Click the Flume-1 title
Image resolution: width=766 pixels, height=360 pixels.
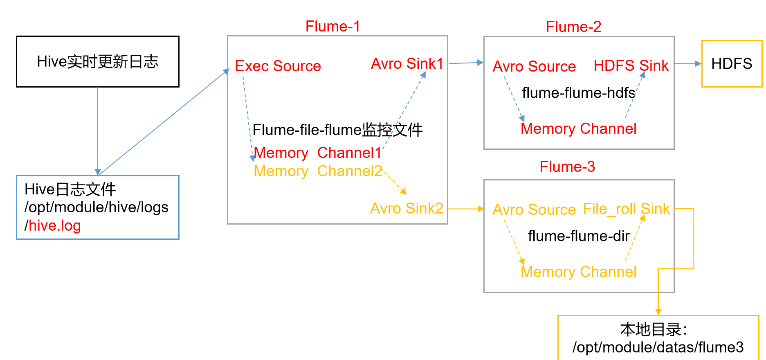[332, 27]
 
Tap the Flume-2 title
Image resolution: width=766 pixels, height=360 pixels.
[573, 27]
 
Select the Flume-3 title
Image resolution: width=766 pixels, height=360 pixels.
[567, 167]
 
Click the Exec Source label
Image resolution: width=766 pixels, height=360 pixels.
[278, 66]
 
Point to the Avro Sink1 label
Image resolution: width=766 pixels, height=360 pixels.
[407, 64]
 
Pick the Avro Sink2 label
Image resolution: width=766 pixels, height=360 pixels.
[407, 209]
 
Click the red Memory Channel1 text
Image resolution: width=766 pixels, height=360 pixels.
[317, 153]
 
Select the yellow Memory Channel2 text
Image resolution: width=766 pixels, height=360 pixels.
[317, 171]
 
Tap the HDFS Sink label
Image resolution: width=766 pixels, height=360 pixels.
[631, 66]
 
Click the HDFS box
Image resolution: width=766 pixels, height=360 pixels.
[732, 64]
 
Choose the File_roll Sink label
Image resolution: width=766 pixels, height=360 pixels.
[626, 209]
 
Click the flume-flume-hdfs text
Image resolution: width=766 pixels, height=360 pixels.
[578, 93]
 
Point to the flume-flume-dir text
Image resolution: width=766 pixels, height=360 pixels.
[578, 236]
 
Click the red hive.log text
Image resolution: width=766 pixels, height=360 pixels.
[55, 226]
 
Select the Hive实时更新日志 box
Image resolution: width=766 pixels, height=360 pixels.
[98, 62]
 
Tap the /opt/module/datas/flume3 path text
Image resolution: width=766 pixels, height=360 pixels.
[658, 347]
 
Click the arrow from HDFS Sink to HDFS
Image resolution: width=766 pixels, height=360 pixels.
[687, 64]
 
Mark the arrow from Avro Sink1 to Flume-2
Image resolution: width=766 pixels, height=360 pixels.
[466, 63]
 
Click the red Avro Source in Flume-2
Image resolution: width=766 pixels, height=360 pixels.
[534, 67]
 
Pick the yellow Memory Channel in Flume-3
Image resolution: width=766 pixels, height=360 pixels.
[578, 272]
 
